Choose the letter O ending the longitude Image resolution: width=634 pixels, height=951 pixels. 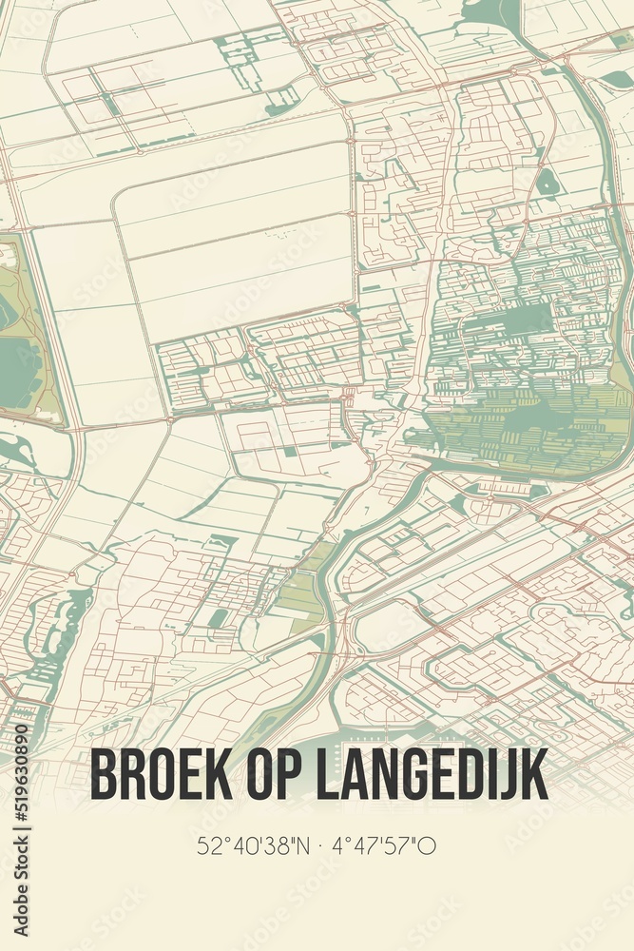(428, 845)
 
